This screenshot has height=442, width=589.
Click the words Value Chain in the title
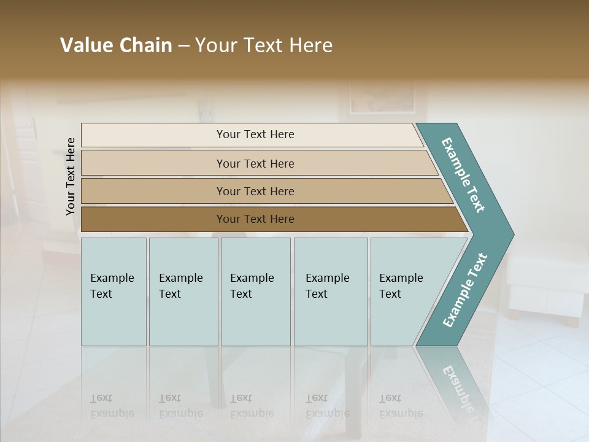(116, 45)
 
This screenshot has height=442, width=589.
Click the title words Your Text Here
(264, 45)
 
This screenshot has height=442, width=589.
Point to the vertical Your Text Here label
(71, 176)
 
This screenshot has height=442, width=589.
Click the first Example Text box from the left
(114, 292)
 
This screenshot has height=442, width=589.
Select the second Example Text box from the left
(183, 292)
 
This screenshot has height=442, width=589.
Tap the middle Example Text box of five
(255, 292)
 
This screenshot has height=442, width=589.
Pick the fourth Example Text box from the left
(330, 292)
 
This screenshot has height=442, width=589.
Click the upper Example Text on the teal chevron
(463, 175)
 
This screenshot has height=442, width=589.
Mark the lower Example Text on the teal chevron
(465, 290)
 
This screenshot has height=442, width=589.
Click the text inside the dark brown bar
(255, 219)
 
